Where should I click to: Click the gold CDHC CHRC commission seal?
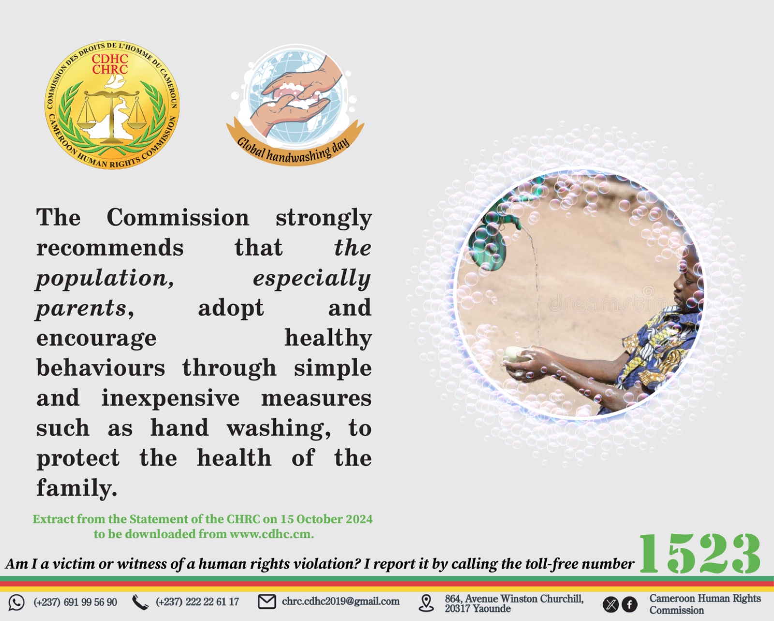click(112, 105)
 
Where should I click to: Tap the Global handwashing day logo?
click(295, 105)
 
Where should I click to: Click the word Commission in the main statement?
click(178, 217)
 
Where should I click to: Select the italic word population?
click(105, 279)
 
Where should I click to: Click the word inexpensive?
click(170, 398)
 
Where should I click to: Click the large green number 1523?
click(700, 554)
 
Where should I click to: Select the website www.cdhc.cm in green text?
click(271, 534)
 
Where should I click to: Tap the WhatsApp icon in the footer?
click(16, 603)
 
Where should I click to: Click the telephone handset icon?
click(140, 603)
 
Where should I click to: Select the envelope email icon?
click(267, 602)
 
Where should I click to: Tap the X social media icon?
click(610, 605)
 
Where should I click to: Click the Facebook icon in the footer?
click(630, 605)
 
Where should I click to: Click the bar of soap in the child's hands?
click(517, 354)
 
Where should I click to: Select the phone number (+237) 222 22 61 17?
click(197, 602)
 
